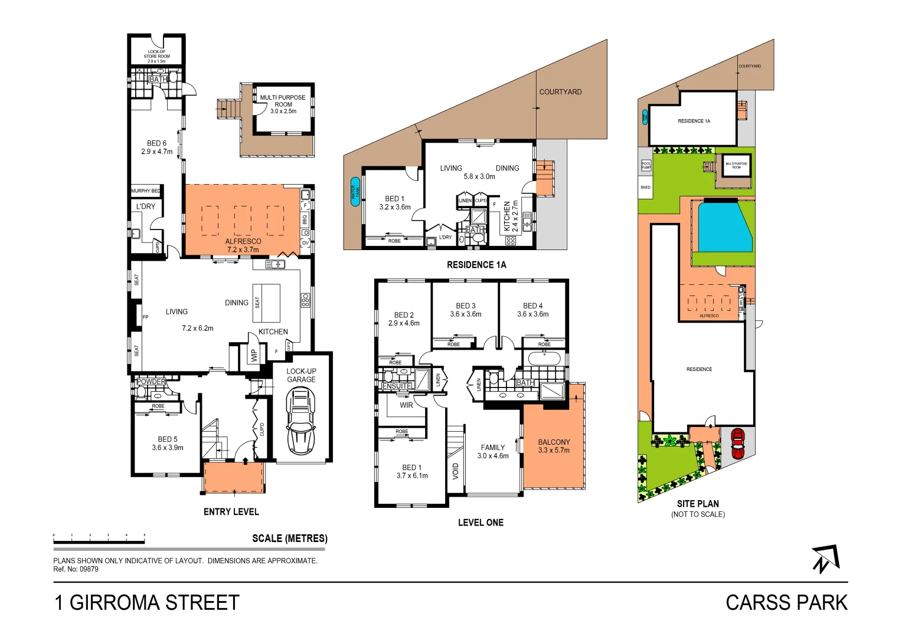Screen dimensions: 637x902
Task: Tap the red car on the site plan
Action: pyautogui.click(x=737, y=444)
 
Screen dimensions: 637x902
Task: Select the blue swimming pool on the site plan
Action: pyautogui.click(x=724, y=227)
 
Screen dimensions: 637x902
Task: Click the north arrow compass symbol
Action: pyautogui.click(x=825, y=559)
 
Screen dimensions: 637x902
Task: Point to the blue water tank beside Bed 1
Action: pyautogui.click(x=355, y=192)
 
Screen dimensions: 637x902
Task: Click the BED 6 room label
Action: pyautogui.click(x=156, y=143)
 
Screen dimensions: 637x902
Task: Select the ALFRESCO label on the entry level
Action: pyautogui.click(x=243, y=241)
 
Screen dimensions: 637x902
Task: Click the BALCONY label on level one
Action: pyautogui.click(x=554, y=442)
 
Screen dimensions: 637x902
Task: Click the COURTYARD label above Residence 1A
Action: pyautogui.click(x=560, y=92)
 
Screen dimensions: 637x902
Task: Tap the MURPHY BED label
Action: pyautogui.click(x=145, y=191)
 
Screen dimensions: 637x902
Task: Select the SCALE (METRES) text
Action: pyautogui.click(x=289, y=539)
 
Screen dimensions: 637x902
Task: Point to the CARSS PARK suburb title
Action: pyautogui.click(x=786, y=603)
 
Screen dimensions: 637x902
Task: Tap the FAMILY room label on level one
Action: pyautogui.click(x=492, y=448)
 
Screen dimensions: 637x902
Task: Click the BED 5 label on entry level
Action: pyautogui.click(x=167, y=439)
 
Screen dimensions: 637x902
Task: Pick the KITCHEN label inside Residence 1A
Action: pyautogui.click(x=507, y=216)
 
